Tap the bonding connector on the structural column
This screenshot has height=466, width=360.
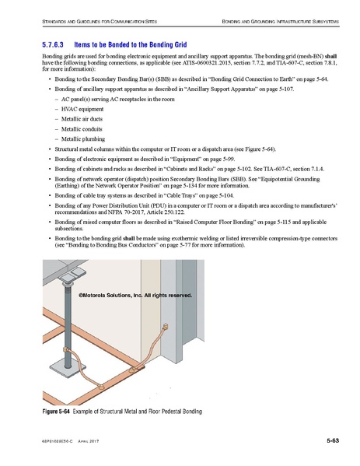(x=163, y=328)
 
